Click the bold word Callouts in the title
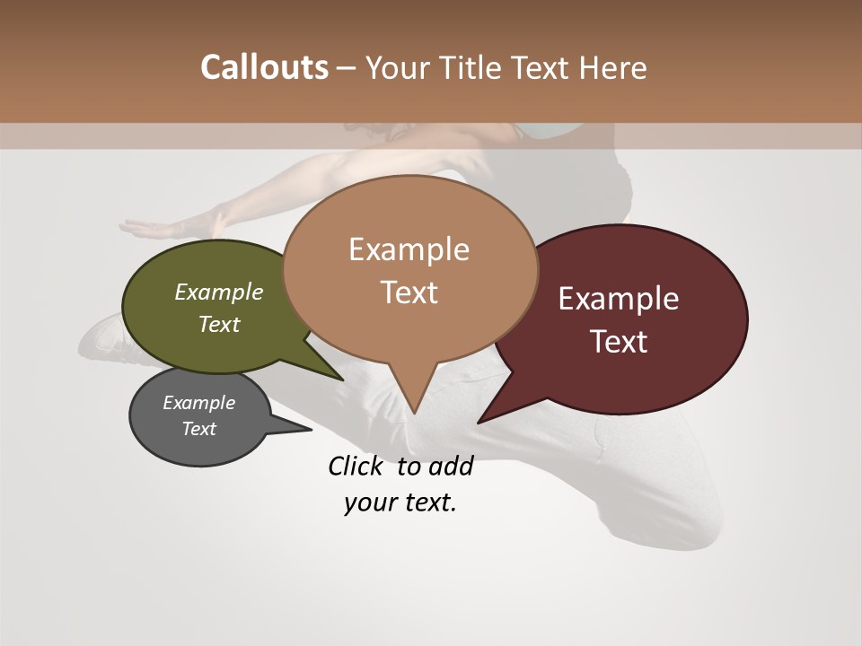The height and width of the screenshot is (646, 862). [x=264, y=67]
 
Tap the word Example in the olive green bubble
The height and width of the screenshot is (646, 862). [x=219, y=292]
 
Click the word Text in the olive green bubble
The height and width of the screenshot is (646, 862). [x=219, y=324]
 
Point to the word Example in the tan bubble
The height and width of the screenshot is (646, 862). [x=409, y=249]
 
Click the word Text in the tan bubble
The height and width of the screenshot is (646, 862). [x=409, y=292]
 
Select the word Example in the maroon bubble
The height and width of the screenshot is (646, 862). [x=619, y=298]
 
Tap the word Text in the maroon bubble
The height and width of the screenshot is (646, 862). [x=619, y=341]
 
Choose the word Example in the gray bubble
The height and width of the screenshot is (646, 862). [x=198, y=403]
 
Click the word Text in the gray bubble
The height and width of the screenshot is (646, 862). [x=198, y=429]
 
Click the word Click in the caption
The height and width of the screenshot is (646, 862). [x=356, y=466]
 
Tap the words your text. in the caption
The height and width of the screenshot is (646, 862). [x=400, y=502]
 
